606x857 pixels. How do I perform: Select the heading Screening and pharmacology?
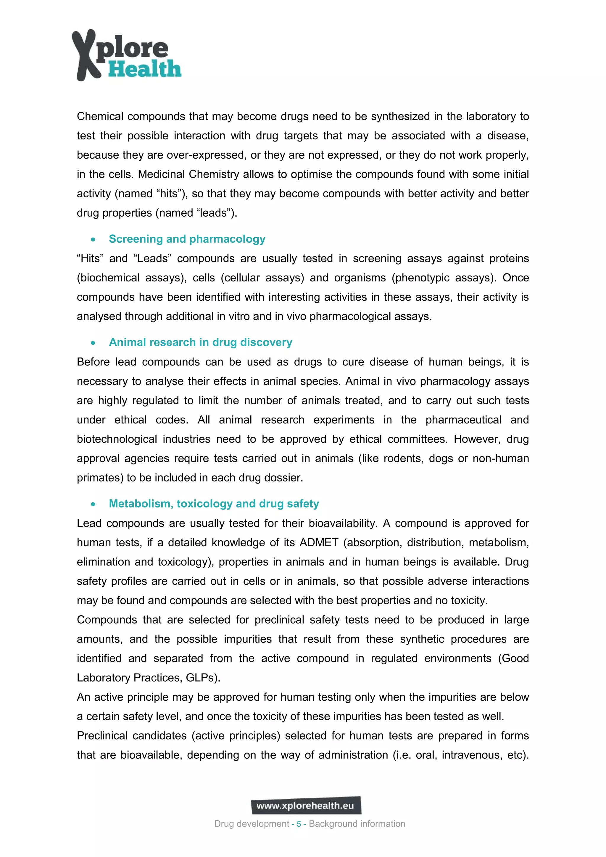tap(187, 239)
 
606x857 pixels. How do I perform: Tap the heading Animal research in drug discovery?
tap(200, 342)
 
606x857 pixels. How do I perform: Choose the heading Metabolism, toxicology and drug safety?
tap(214, 504)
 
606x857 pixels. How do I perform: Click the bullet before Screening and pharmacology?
tap(93, 240)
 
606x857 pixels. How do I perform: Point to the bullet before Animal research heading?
tap(93, 343)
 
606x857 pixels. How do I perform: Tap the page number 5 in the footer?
tap(299, 824)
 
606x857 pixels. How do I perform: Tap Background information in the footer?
tap(357, 824)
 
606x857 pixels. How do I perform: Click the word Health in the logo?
tap(145, 70)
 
